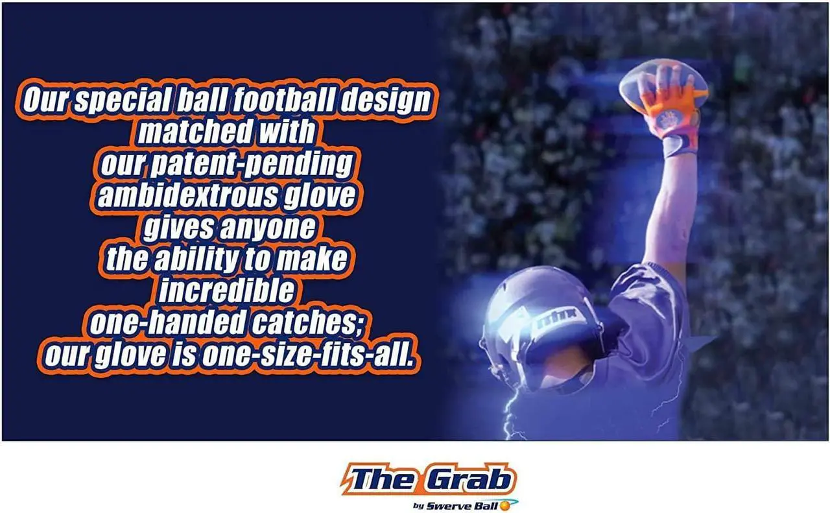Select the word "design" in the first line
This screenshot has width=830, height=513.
pos(385,101)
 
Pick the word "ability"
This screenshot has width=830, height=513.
pos(196,259)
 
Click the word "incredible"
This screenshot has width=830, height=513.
pos(226,291)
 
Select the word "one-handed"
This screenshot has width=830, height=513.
pos(168,322)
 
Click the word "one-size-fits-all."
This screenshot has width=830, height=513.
pos(307,355)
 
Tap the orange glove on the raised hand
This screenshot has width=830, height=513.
pos(670,111)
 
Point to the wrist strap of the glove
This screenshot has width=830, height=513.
pos(679,145)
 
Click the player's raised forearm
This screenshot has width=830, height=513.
pos(671,208)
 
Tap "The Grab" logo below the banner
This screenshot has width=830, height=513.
pos(429,479)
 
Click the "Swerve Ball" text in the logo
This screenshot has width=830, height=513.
pos(462,507)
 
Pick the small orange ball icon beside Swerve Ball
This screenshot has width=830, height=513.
pos(504,506)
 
